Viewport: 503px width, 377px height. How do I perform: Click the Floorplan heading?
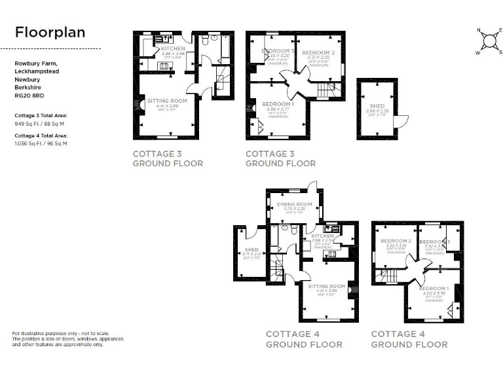(x=50, y=32)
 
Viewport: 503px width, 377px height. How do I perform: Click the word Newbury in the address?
(x=27, y=79)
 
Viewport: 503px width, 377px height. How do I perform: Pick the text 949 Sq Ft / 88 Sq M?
(x=40, y=122)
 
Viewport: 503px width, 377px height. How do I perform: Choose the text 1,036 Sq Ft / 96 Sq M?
(x=41, y=143)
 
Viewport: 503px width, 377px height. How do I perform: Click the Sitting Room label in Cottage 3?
(x=167, y=101)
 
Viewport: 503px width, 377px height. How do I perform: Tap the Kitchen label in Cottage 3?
(x=173, y=49)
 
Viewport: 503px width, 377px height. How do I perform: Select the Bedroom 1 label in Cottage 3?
(x=278, y=104)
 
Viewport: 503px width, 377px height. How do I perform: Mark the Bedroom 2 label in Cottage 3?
(x=318, y=52)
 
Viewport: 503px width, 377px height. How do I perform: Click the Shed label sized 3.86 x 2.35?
(x=377, y=106)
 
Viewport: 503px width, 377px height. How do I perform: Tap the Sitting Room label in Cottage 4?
(x=327, y=286)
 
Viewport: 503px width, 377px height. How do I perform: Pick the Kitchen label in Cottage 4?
(x=322, y=236)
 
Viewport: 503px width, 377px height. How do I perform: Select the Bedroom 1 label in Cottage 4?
(x=434, y=289)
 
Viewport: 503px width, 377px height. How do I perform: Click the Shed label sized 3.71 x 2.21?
(x=251, y=250)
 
